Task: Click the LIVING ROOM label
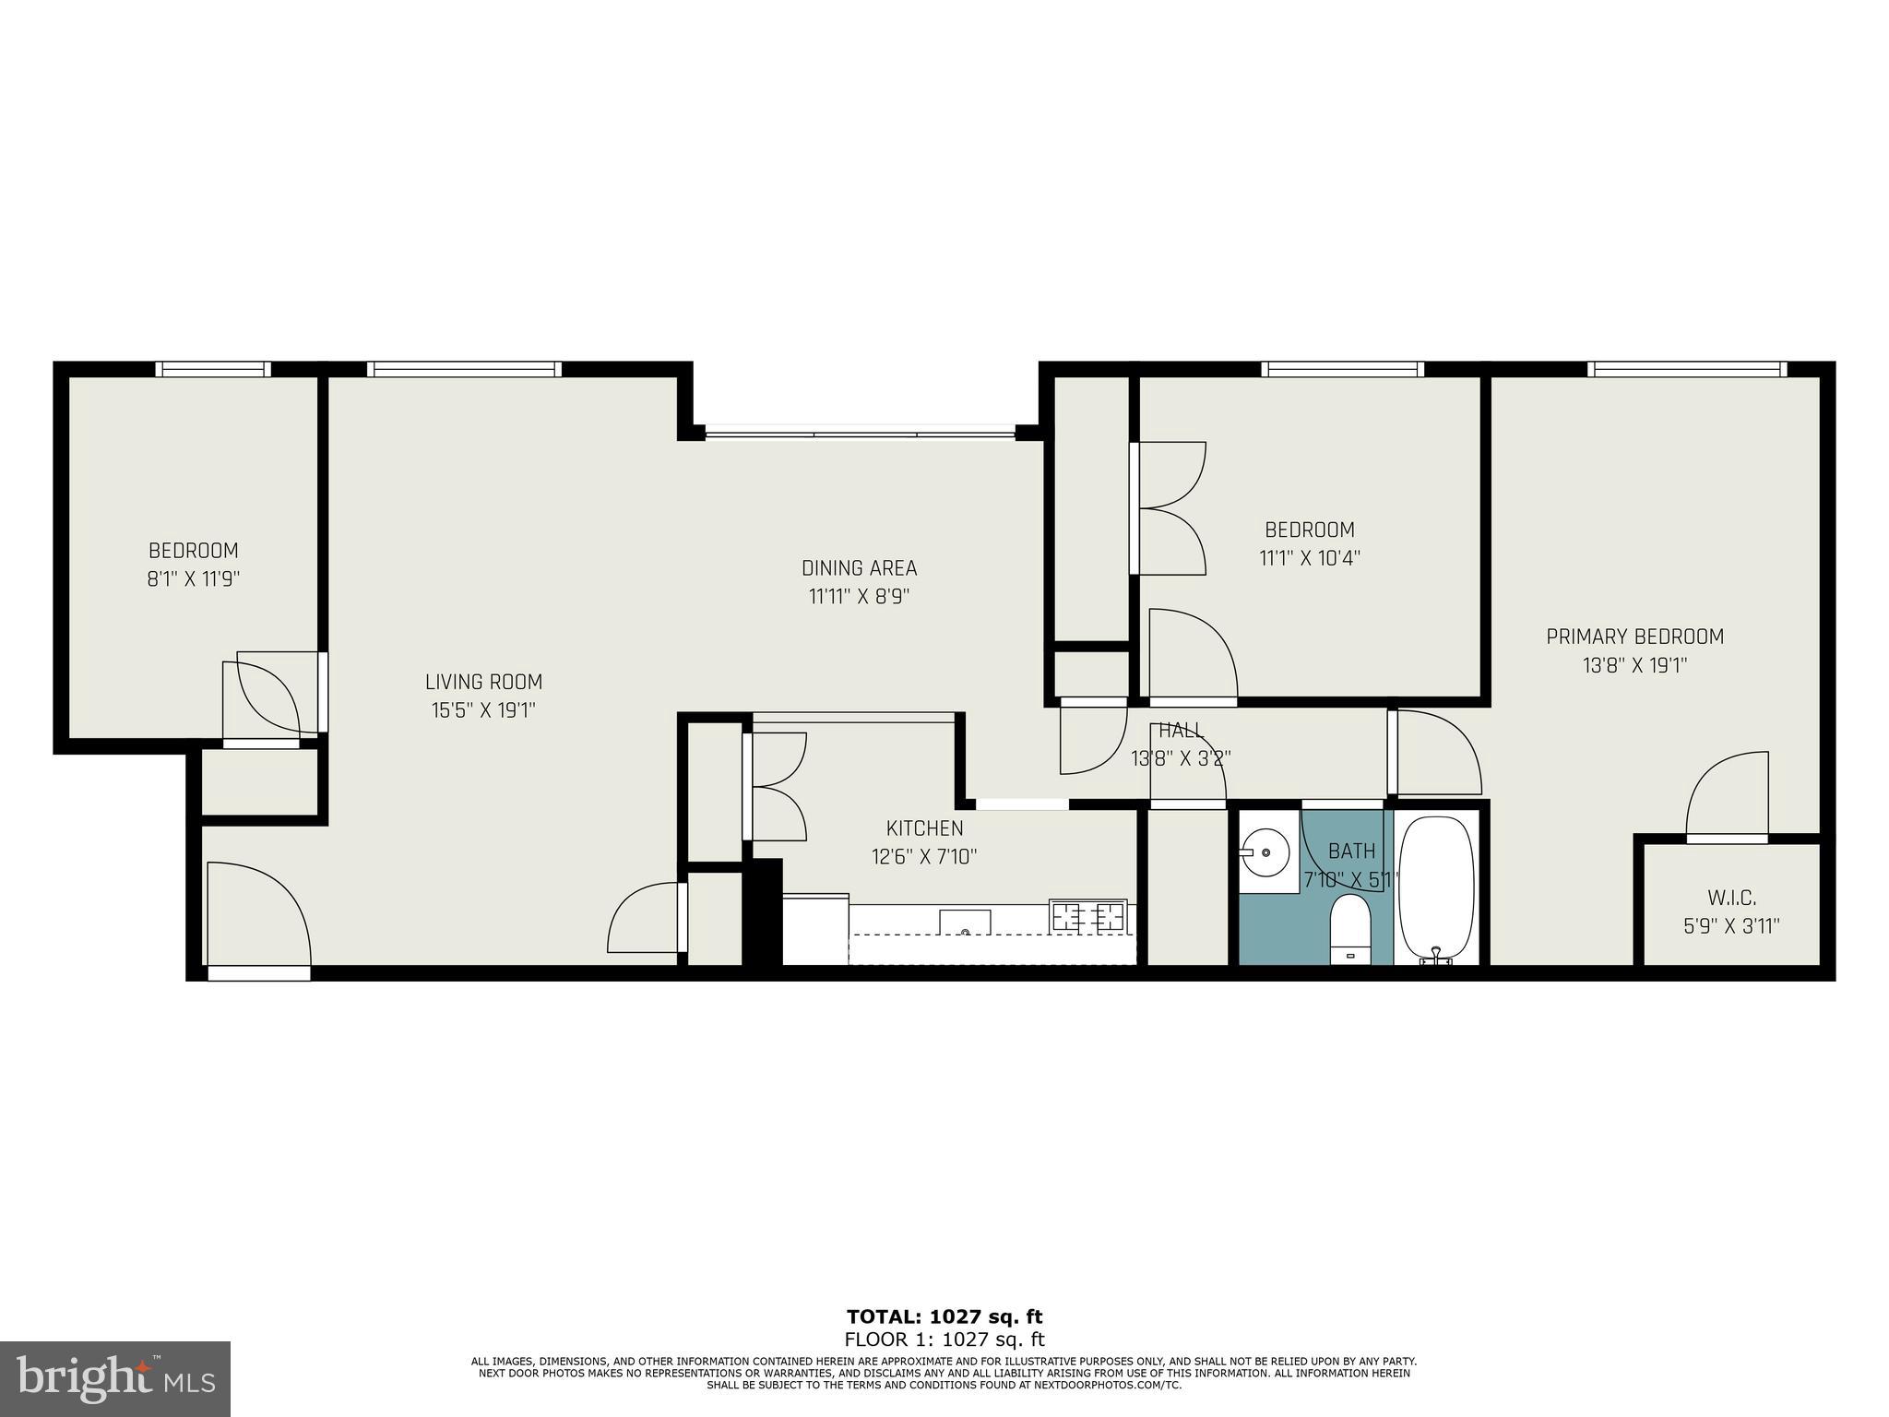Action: pos(483,682)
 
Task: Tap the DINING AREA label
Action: pos(859,568)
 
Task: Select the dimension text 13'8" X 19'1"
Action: pos(1634,665)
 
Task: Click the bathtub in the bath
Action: pos(1436,886)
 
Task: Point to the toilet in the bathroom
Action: pos(1350,929)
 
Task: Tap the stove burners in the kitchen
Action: pos(1088,916)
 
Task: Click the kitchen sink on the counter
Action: pos(965,922)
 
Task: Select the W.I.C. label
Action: pos(1731,898)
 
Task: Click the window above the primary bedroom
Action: pos(1686,369)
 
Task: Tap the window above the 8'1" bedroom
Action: pos(213,369)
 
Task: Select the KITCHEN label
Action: pos(924,828)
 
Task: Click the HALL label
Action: pos(1181,731)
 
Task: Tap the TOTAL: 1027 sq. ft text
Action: pos(944,1316)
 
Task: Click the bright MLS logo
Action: pos(114,1378)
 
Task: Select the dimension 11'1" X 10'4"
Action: pos(1309,558)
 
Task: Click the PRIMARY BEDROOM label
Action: pos(1634,637)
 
